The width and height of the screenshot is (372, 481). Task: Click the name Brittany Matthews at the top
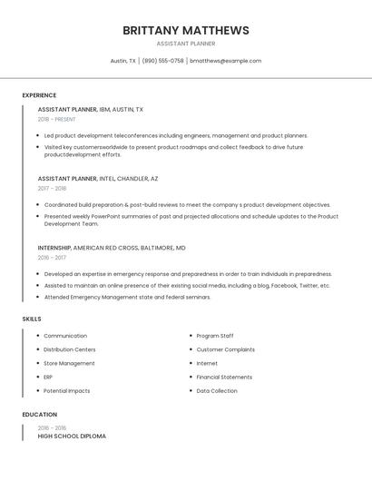(x=186, y=30)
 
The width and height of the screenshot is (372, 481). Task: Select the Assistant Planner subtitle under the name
(x=186, y=44)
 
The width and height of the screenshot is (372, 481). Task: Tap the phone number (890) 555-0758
(x=162, y=61)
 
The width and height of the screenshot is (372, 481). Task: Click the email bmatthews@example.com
(x=225, y=61)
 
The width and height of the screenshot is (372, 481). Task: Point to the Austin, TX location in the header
(x=123, y=61)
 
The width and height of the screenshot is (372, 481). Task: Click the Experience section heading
(x=39, y=95)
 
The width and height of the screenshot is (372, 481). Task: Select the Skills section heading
(x=32, y=319)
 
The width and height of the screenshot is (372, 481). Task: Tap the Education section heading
(x=39, y=414)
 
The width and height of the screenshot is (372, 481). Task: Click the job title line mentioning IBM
(x=90, y=109)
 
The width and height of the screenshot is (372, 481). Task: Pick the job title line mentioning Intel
(x=98, y=179)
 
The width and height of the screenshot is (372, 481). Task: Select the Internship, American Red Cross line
(x=112, y=248)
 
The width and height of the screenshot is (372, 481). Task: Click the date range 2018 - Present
(x=56, y=119)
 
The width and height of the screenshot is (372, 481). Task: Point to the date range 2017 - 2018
(x=52, y=189)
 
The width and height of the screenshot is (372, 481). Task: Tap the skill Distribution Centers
(x=69, y=349)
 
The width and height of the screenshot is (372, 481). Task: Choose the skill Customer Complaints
(x=225, y=349)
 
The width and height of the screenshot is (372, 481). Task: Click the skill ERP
(x=48, y=377)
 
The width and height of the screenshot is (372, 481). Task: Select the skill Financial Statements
(x=224, y=377)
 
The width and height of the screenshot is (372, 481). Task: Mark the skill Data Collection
(x=217, y=391)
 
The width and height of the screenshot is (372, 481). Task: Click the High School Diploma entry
(x=72, y=437)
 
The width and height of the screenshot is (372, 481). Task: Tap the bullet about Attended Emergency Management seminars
(x=127, y=297)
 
